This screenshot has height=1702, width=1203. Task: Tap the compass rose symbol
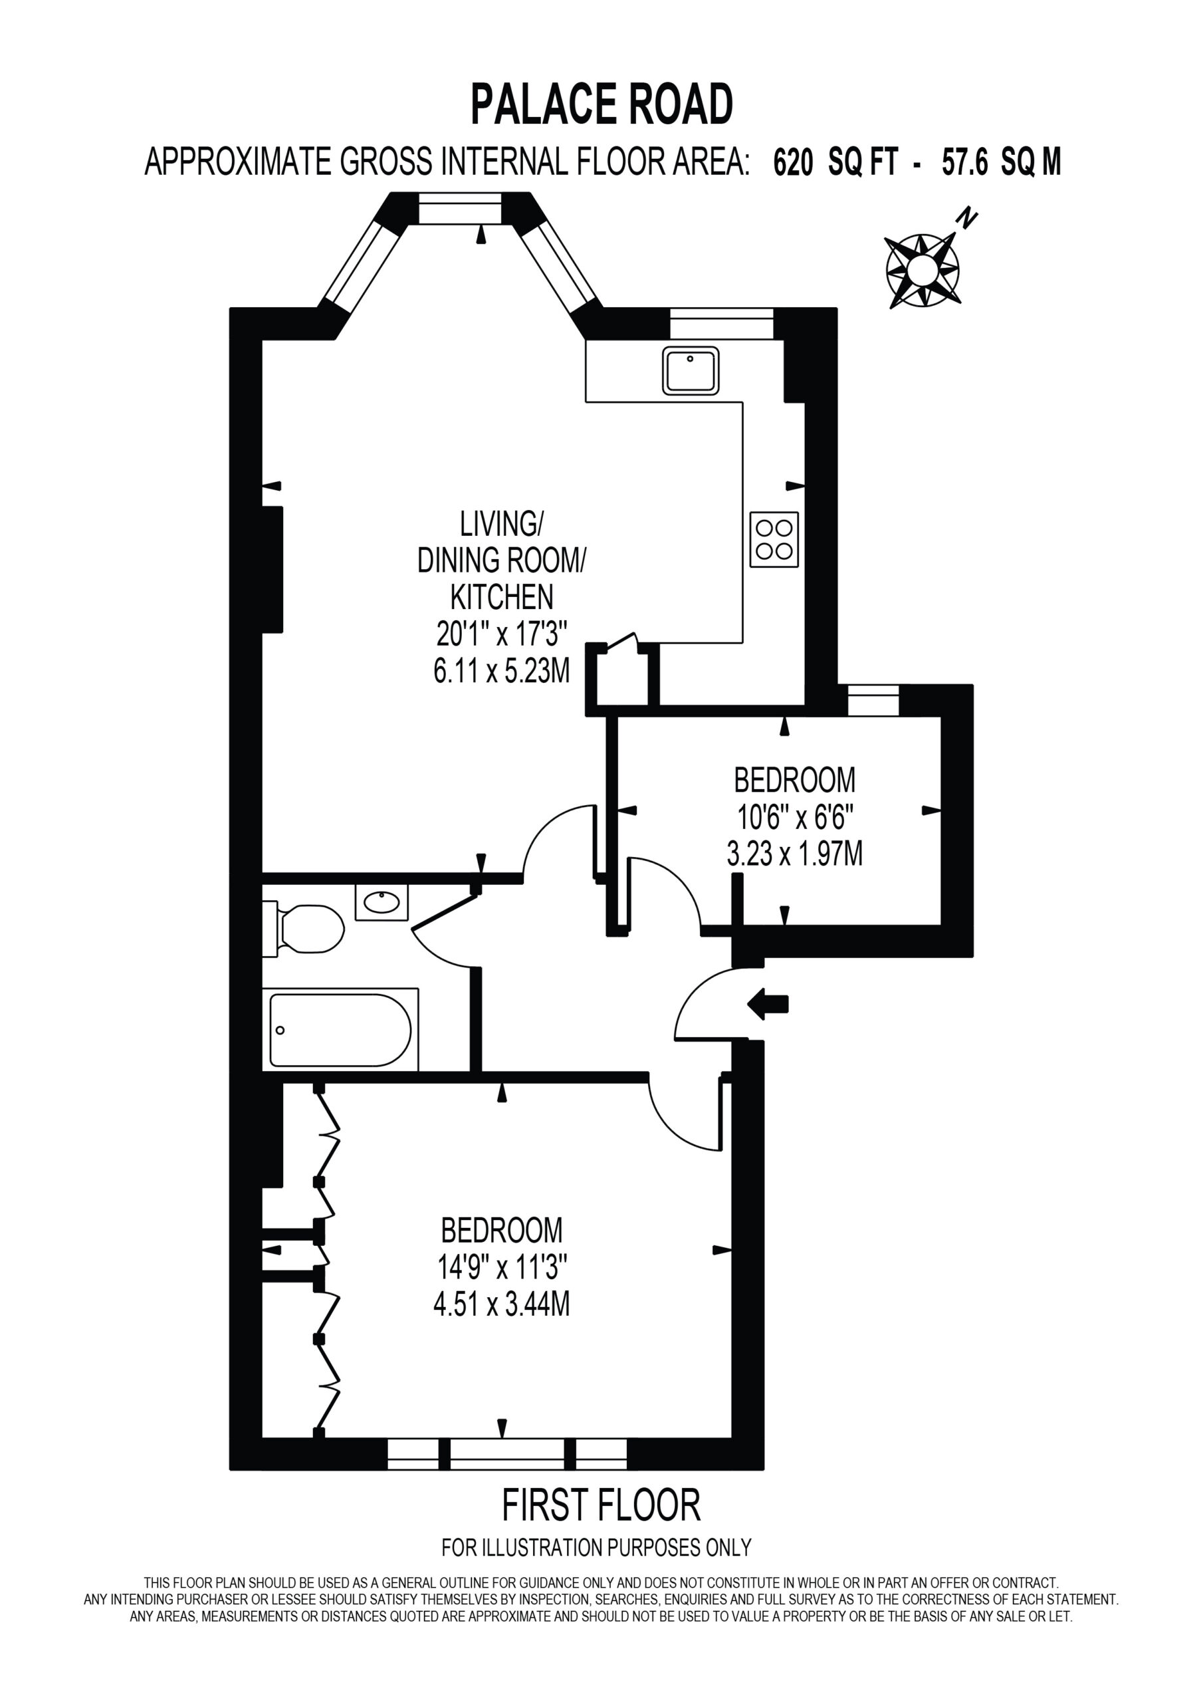tap(923, 270)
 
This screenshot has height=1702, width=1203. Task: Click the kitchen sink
tap(691, 370)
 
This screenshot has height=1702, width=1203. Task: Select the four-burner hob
tap(774, 540)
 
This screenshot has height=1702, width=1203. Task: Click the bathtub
tap(341, 1030)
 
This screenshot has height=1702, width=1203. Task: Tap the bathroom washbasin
tap(382, 902)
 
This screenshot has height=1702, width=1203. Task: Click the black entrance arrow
tap(768, 1005)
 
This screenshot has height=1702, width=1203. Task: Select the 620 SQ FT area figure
tap(836, 162)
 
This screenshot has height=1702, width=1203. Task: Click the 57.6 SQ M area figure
tap(1002, 162)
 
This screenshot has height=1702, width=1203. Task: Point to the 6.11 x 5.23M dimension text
tap(502, 671)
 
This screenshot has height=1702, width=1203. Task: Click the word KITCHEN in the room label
tap(502, 597)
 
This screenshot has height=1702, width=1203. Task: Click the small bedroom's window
tap(873, 701)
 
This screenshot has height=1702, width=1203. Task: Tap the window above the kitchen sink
tap(722, 323)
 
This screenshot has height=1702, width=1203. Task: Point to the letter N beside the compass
tap(967, 219)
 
